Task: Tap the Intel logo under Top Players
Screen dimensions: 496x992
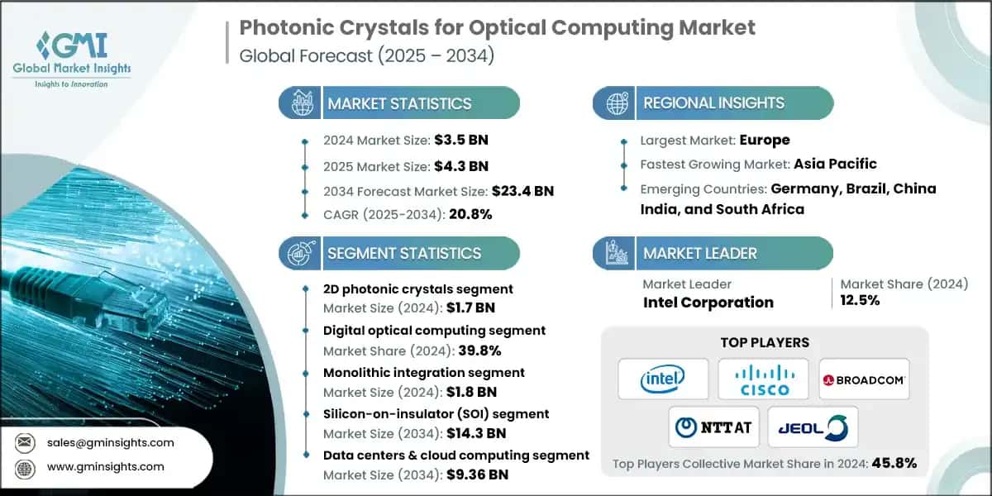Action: click(x=662, y=379)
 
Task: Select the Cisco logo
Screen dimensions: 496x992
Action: click(x=763, y=379)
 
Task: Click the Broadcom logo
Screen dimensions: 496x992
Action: click(x=864, y=379)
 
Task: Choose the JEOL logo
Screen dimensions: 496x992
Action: click(x=813, y=427)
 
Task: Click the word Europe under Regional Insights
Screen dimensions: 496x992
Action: click(x=765, y=140)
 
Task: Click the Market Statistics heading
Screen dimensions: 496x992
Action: click(x=399, y=103)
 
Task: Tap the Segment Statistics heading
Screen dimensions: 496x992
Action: click(x=404, y=253)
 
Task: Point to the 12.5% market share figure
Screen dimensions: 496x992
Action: click(x=860, y=300)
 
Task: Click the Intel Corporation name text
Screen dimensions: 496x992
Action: click(x=708, y=302)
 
